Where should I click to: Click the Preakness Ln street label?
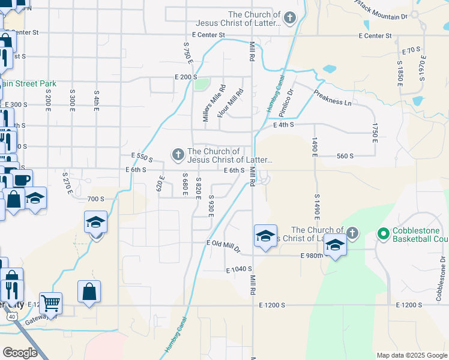[x=333, y=98]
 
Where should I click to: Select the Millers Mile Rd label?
[x=214, y=104]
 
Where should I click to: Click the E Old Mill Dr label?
[x=223, y=246]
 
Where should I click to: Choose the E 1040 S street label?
[x=239, y=271]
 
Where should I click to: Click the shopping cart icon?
[x=50, y=303]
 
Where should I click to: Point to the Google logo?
[x=20, y=352]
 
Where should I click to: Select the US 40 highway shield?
[x=11, y=316]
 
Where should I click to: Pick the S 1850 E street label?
[x=400, y=72]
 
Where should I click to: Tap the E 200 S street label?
[x=186, y=77]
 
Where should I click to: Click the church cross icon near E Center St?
[x=290, y=18]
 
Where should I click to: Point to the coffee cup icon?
[x=22, y=179]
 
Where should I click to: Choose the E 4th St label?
[x=283, y=125]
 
